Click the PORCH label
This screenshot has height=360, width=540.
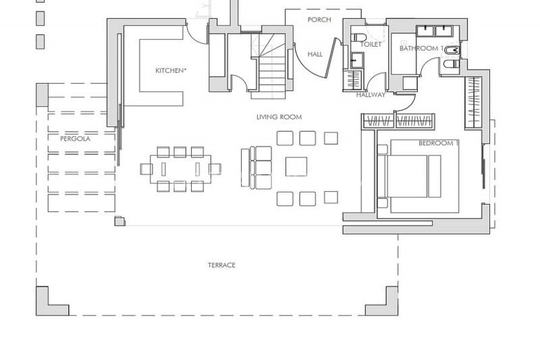click(319, 20)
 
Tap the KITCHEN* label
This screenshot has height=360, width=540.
click(171, 71)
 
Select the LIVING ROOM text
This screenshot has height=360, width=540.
click(279, 117)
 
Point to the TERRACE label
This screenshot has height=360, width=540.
click(221, 265)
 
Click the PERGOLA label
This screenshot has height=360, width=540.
click(75, 139)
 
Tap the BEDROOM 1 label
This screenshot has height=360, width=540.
click(438, 143)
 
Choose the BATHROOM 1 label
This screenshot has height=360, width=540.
click(421, 49)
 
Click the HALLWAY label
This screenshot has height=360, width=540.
click(371, 95)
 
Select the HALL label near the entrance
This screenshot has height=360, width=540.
click(315, 54)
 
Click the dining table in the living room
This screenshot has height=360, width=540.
click(180, 169)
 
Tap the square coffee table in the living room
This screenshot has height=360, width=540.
click(296, 166)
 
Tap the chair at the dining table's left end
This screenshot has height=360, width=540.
click(146, 169)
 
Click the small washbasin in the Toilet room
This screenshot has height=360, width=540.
click(357, 61)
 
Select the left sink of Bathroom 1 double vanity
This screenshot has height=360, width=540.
click(425, 31)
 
